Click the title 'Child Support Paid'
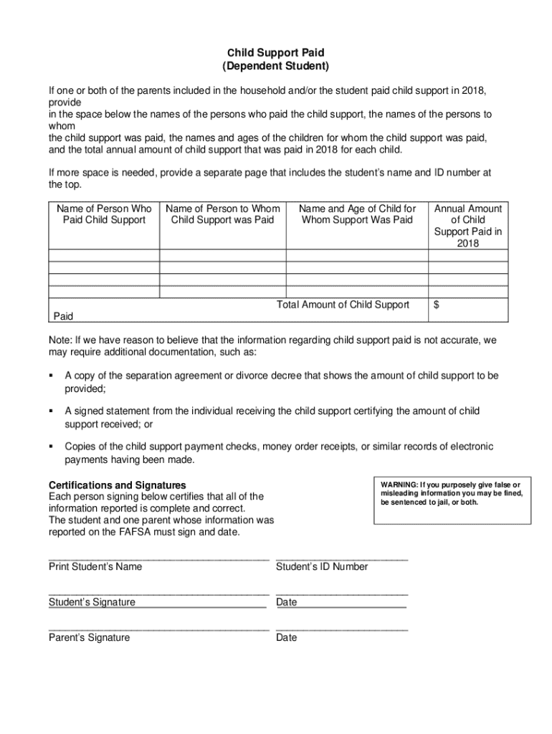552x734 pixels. pos(276,53)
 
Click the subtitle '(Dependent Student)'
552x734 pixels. pos(276,67)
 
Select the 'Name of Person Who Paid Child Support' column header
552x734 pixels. pos(104,214)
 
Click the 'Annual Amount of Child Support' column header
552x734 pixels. pos(468,226)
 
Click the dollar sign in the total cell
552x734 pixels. pos(437,305)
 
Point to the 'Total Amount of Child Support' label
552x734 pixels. pos(343,305)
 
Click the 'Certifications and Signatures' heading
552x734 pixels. pos(117,485)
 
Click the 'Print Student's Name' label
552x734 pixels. pos(95,567)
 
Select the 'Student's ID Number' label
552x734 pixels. pos(322,567)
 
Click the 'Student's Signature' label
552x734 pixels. pos(92,602)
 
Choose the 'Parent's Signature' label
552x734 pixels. pos(90,637)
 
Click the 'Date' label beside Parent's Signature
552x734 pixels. pos(286,637)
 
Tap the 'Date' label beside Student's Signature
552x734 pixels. pos(286,602)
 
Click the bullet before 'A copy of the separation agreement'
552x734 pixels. pos(52,376)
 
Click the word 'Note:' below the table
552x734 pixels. pos(61,340)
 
